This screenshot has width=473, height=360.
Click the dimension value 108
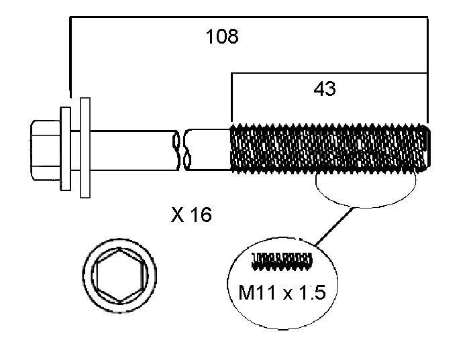(222, 36)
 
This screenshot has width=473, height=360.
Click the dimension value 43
(325, 88)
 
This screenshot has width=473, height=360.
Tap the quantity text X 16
(191, 215)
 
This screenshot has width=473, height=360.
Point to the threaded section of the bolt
(329, 148)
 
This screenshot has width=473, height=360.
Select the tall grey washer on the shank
(85, 147)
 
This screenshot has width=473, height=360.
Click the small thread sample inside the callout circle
(281, 261)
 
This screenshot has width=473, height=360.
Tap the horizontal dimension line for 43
(329, 72)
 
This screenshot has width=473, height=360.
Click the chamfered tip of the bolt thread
(428, 148)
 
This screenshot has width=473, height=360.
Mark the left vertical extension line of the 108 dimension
(70, 60)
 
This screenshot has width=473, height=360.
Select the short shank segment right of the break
(208, 148)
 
